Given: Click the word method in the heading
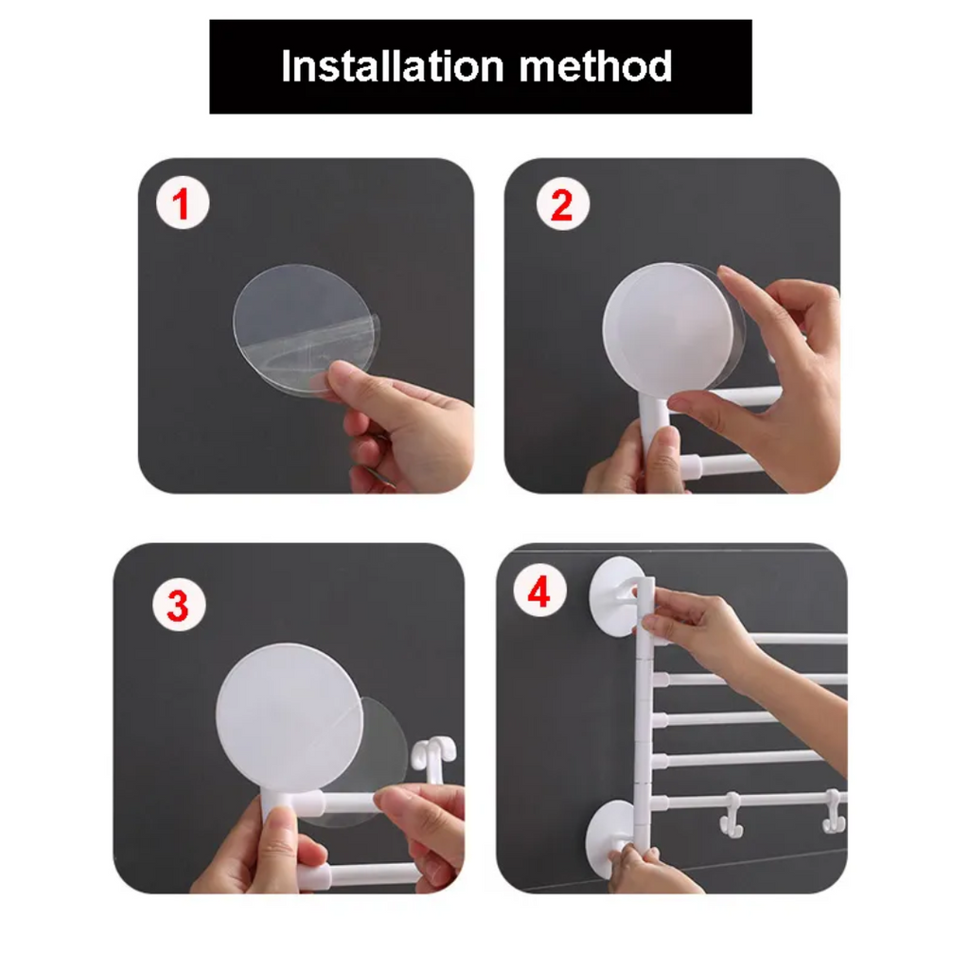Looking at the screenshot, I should coord(596,66).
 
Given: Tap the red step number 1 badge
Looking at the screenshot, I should coord(182,205).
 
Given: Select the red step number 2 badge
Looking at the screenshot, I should coord(562,205).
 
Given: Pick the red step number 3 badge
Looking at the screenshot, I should coord(178,607).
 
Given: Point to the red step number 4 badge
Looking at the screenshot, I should coord(538,593).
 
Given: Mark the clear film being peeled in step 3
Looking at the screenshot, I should coord(383,748).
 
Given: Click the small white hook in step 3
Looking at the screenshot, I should coord(433,757).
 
